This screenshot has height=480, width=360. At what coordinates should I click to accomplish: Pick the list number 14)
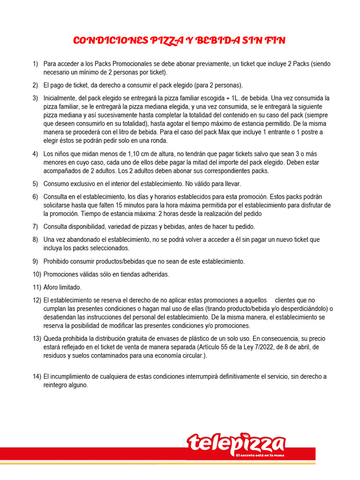click(x=37, y=376)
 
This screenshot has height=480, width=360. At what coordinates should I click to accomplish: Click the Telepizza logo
click(x=236, y=443)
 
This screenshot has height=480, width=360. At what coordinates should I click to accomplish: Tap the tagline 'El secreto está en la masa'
click(x=261, y=455)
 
